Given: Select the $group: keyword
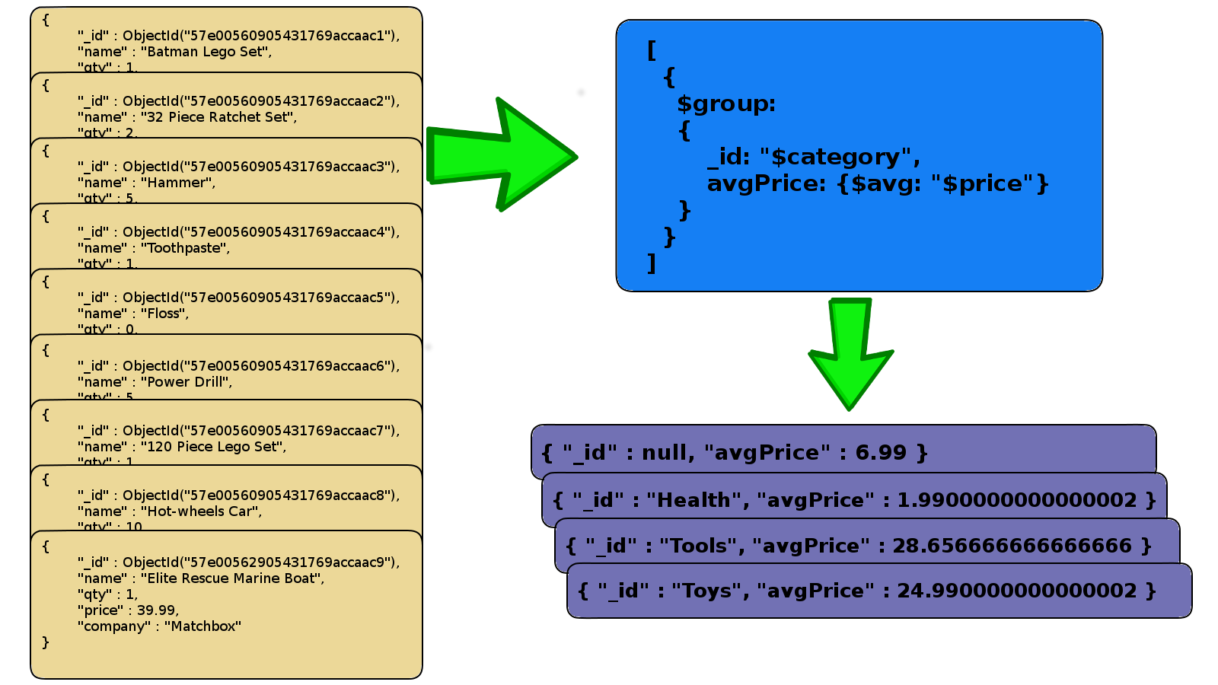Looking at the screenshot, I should pos(725,104).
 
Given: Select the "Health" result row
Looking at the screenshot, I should pos(854,500).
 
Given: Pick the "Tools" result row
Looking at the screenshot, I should pos(859,546).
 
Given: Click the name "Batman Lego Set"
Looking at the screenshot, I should pos(206,52).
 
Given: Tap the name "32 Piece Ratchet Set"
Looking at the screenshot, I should pos(218,117).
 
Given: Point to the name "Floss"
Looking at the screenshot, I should pos(167,314).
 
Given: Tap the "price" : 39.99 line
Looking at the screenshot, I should pos(128,610).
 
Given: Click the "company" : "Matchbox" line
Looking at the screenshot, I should pos(159,626).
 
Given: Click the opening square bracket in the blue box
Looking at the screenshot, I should pos(652,50).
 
